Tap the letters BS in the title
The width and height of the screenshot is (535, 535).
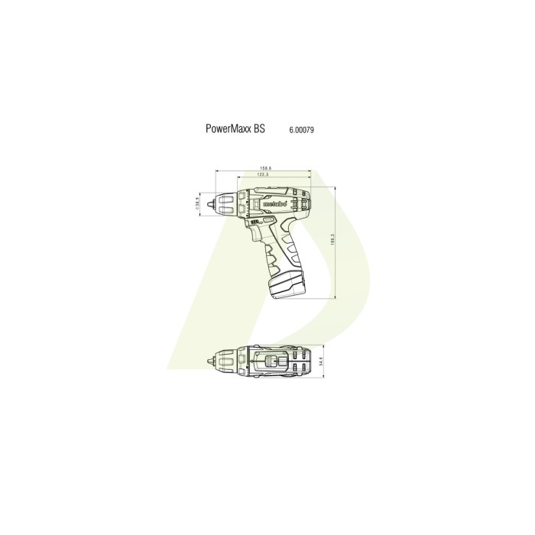tap(260, 130)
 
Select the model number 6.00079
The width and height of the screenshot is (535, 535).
tap(301, 131)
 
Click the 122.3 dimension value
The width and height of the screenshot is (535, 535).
tap(262, 175)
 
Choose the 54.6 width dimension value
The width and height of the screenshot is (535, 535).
tap(321, 361)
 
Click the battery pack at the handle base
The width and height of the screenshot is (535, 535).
tap(289, 286)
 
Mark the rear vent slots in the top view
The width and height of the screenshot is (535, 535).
tap(300, 361)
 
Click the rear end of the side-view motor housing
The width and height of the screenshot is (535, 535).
tap(308, 201)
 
